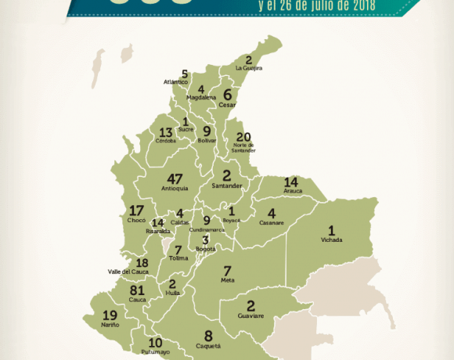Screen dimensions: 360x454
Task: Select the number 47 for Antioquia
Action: point(175,179)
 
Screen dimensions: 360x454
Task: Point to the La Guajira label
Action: point(248,69)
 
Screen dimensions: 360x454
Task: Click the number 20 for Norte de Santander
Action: point(243,137)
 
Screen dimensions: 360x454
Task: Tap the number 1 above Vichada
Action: point(331,231)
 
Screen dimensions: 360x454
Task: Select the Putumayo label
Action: point(155,352)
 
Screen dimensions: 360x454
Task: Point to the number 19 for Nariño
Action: point(110,315)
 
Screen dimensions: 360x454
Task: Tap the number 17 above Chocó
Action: point(136,211)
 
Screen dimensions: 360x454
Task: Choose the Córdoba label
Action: point(166,142)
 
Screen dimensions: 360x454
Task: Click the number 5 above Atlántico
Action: point(185,74)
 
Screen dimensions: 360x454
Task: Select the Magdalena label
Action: point(202,98)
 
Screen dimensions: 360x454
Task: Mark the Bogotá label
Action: point(206,249)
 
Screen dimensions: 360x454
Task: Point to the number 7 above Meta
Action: point(228,270)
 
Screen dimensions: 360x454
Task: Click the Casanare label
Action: point(272,223)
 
